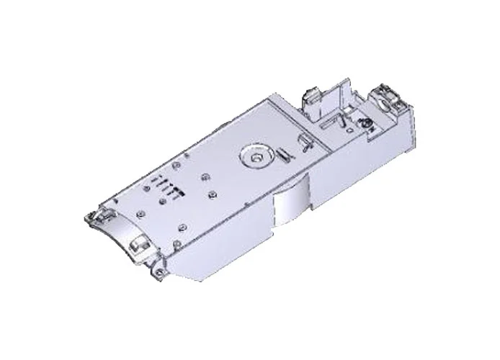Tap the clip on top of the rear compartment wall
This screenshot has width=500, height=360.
(x=310, y=94)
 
